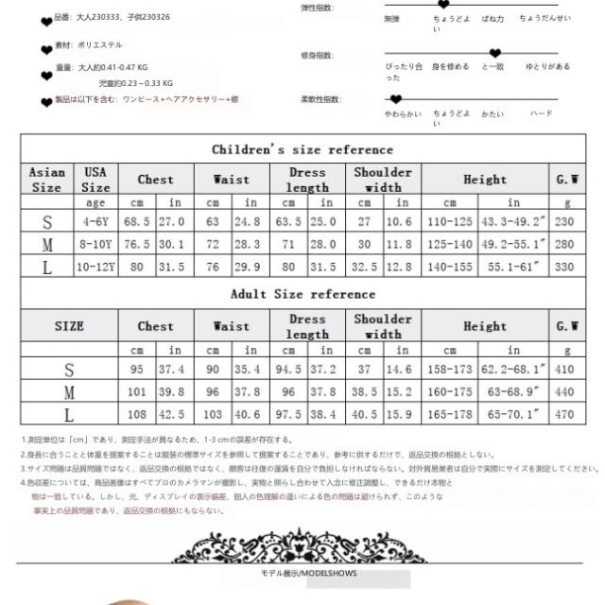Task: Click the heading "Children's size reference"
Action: pyautogui.click(x=302, y=149)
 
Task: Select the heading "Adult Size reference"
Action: pyautogui.click(x=302, y=294)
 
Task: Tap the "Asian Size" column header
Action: pyautogui.click(x=47, y=180)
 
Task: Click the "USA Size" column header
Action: pyautogui.click(x=96, y=180)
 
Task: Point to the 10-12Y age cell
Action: pyautogui.click(x=96, y=266)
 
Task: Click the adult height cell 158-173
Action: pyautogui.click(x=449, y=367)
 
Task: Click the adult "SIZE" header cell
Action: pyautogui.click(x=68, y=327)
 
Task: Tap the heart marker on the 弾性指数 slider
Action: pyautogui.click(x=442, y=5)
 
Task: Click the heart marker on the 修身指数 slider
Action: pyautogui.click(x=494, y=54)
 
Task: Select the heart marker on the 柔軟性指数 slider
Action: pyautogui.click(x=396, y=97)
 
